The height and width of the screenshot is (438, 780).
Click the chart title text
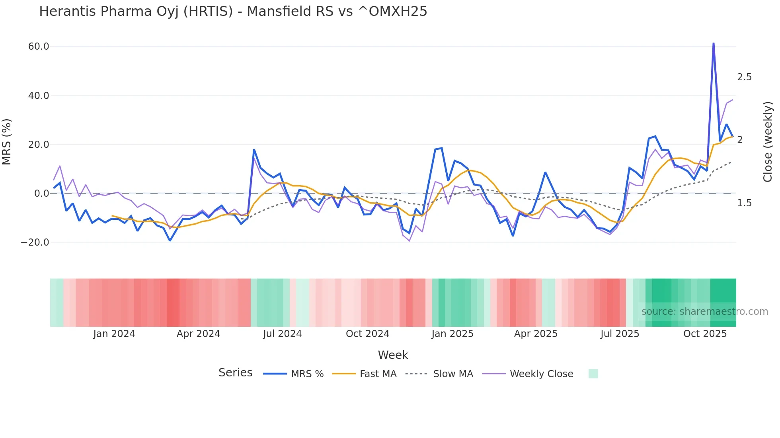(x=233, y=12)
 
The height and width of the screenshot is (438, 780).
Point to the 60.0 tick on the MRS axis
(x=39, y=47)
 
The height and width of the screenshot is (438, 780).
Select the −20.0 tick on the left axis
(x=35, y=242)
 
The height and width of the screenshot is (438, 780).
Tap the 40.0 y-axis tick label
(x=39, y=96)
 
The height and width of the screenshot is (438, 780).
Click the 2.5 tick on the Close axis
(x=744, y=77)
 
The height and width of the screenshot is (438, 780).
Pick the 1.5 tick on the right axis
(x=744, y=203)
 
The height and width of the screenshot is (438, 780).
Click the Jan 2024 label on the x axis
(x=114, y=334)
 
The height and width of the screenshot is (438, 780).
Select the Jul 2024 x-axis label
(x=282, y=334)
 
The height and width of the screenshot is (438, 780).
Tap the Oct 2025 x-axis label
(x=705, y=334)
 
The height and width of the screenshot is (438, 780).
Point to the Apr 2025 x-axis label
(x=536, y=334)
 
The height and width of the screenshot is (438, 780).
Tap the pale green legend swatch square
(x=593, y=374)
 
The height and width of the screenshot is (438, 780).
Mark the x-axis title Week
(x=393, y=355)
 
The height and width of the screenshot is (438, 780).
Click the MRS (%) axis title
(x=7, y=141)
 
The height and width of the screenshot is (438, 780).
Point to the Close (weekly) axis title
(x=768, y=142)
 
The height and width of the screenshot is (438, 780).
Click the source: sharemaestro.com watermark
(x=704, y=312)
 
